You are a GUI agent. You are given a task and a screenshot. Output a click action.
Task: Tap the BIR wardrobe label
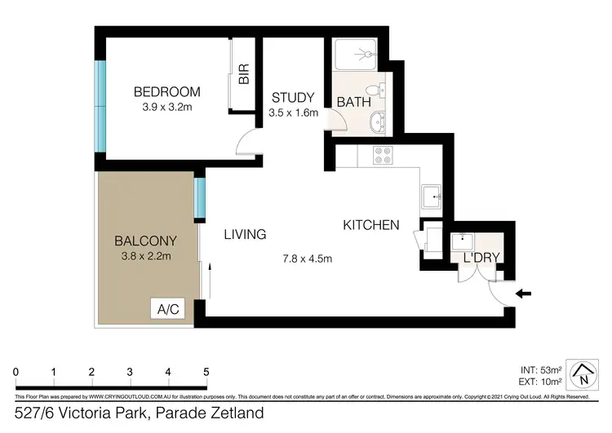(x=244, y=75)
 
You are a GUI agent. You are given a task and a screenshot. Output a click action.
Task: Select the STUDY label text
(x=293, y=98)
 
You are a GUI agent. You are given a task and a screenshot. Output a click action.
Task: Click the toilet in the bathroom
(x=374, y=90)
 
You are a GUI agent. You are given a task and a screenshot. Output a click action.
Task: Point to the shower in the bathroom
(x=357, y=55)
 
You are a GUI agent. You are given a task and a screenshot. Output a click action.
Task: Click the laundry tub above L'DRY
(x=463, y=240)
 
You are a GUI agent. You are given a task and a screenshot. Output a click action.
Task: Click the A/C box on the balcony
(x=168, y=309)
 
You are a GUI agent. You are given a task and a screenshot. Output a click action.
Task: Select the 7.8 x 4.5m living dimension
(x=307, y=259)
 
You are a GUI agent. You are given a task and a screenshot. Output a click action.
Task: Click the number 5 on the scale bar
(x=206, y=372)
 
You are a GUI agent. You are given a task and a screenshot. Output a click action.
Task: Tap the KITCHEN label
(x=370, y=225)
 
